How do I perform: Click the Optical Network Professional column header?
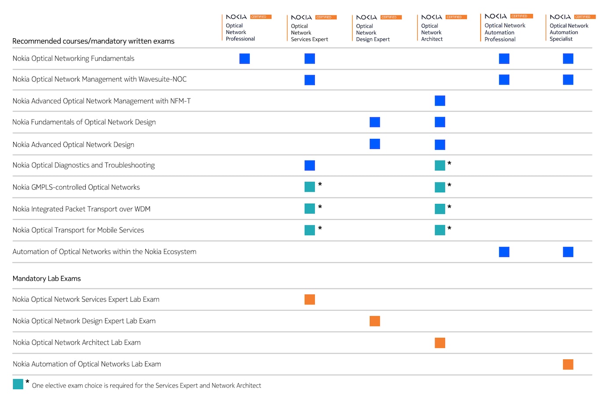click(x=240, y=32)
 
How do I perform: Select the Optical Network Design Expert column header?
click(x=372, y=33)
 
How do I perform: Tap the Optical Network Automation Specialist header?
click(x=569, y=32)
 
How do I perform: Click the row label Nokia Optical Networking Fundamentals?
click(x=73, y=58)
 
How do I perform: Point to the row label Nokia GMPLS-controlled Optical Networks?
click(x=76, y=187)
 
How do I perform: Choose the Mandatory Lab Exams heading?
click(x=47, y=279)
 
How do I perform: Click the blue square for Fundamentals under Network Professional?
click(x=244, y=58)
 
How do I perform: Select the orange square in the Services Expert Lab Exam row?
click(x=310, y=300)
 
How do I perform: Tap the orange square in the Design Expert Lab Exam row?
click(x=375, y=321)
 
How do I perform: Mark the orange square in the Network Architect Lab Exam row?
click(x=440, y=343)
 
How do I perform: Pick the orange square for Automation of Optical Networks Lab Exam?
click(x=568, y=364)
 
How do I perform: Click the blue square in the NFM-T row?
click(x=440, y=101)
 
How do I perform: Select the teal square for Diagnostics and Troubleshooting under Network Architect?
click(x=440, y=165)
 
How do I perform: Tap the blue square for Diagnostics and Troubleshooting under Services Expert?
click(x=310, y=165)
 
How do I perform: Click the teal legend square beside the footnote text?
click(x=18, y=384)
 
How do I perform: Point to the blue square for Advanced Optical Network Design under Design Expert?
click(x=375, y=144)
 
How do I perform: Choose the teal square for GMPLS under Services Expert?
click(x=310, y=187)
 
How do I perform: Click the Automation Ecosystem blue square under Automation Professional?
click(x=504, y=252)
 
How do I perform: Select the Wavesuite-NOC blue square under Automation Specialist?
click(x=568, y=80)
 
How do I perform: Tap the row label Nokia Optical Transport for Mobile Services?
click(x=78, y=230)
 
